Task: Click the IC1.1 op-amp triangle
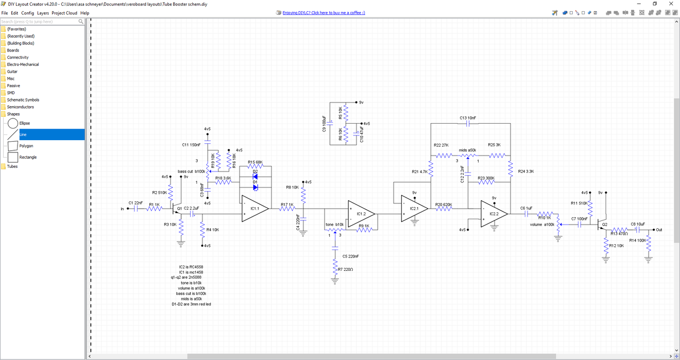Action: [254, 209]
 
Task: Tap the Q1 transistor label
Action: [179, 209]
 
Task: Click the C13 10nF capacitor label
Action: [467, 118]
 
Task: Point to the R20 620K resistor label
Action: [443, 204]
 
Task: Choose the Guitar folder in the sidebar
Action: [12, 71]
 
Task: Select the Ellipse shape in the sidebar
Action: [24, 123]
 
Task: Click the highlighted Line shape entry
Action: [23, 134]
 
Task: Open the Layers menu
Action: [42, 13]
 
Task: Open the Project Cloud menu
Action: [64, 13]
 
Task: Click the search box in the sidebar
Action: [40, 22]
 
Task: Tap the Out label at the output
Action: [659, 230]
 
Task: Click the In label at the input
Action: [123, 209]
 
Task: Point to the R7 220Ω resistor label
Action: [346, 269]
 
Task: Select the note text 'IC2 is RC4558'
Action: [192, 267]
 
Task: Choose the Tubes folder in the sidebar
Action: [12, 166]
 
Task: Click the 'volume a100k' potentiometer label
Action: [542, 225]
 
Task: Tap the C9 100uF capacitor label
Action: [324, 123]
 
